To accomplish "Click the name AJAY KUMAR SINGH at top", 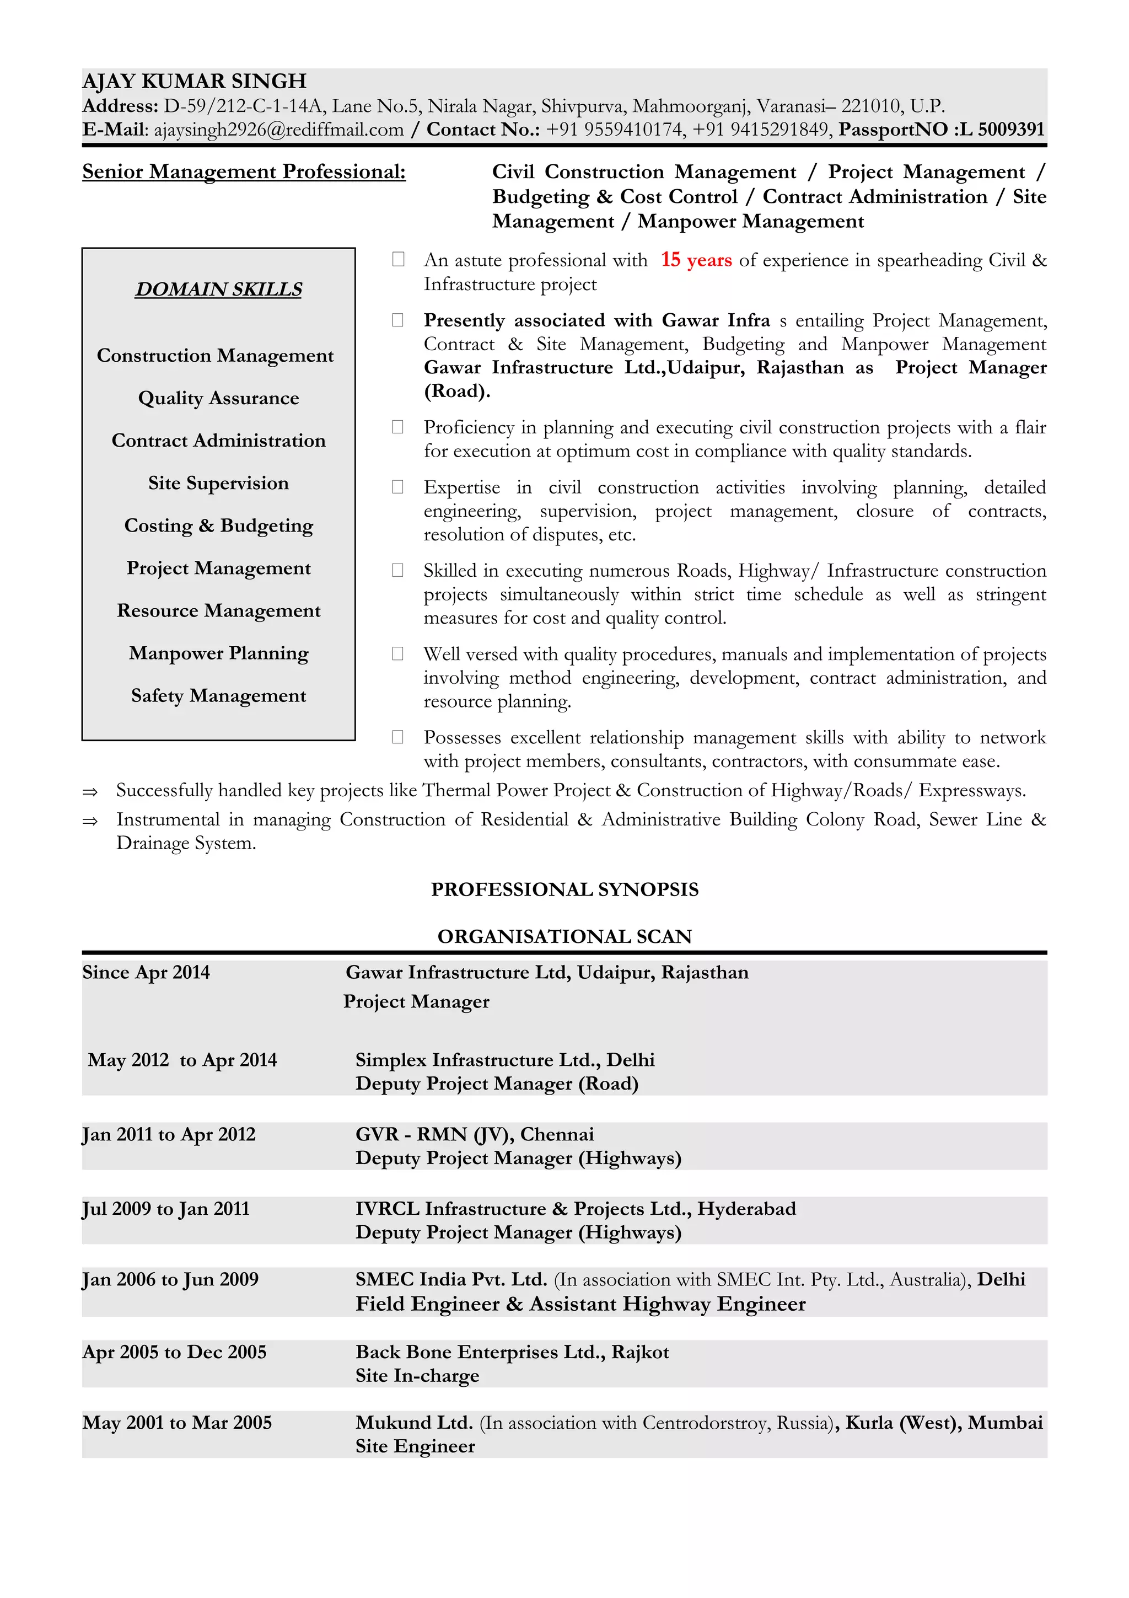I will tap(194, 82).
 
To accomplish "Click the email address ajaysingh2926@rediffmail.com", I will tap(278, 130).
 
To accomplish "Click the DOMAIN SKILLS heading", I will tap(218, 289).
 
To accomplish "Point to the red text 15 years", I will tap(696, 260).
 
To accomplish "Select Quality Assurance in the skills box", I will tap(218, 398).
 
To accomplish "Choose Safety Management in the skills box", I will tap(218, 696).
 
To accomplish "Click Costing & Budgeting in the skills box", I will tap(218, 525).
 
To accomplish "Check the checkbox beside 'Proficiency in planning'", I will tap(398, 427).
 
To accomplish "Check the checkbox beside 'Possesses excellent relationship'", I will tap(398, 737).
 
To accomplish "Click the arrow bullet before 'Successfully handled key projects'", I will tap(90, 792).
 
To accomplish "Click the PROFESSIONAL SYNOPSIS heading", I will tap(564, 889).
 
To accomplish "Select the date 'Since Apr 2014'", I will tap(146, 972).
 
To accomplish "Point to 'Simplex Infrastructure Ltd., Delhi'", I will tap(505, 1060).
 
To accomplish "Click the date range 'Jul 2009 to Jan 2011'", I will tap(165, 1209).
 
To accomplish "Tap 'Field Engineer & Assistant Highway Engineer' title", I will tap(580, 1304).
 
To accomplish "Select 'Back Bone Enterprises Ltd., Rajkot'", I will tap(512, 1352).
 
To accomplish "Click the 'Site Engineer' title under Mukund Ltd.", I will tap(415, 1446).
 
